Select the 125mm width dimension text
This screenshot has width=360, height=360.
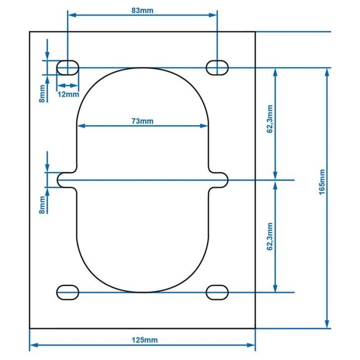point(142,339)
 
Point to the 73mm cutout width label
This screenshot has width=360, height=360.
point(142,120)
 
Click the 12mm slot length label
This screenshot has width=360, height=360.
point(68,94)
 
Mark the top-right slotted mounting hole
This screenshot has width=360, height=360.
point(217,68)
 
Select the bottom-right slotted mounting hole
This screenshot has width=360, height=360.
point(217,292)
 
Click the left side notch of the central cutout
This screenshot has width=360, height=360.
point(65,179)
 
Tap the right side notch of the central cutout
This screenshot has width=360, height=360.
point(220,179)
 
